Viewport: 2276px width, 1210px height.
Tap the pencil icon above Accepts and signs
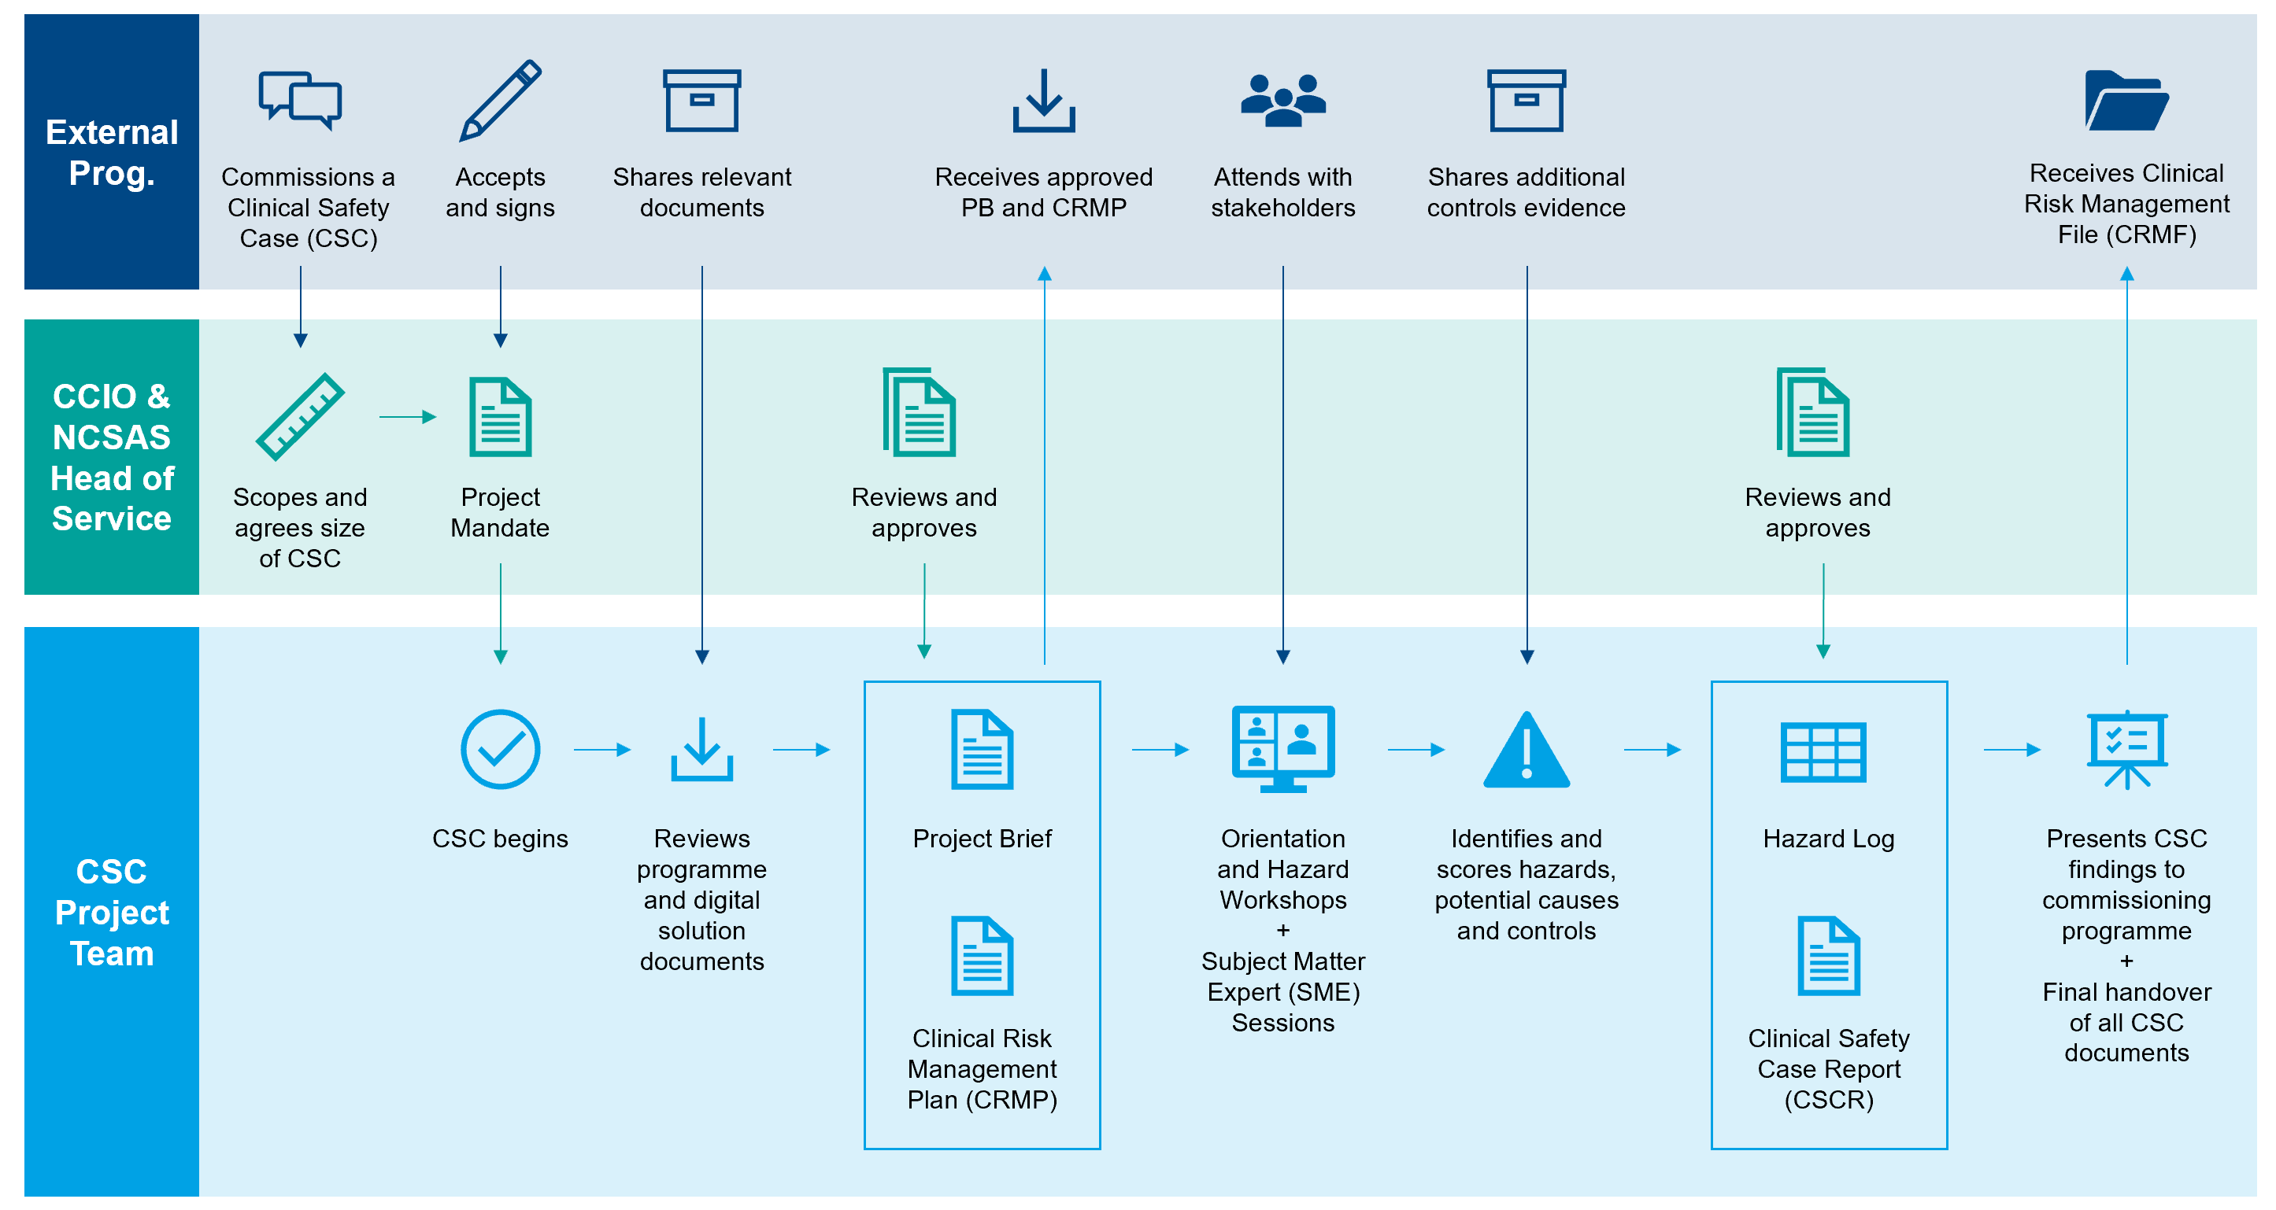[x=500, y=100]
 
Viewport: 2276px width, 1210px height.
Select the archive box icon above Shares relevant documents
[x=701, y=100]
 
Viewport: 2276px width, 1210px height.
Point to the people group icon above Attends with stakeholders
[x=1283, y=100]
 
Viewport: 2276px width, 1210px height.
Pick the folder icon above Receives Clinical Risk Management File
[x=2126, y=100]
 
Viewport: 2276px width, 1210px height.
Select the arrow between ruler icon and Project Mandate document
[x=407, y=416]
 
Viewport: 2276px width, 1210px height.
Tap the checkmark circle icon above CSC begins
[x=500, y=749]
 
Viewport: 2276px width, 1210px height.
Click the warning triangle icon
[x=1526, y=751]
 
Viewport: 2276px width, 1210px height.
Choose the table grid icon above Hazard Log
[x=1823, y=751]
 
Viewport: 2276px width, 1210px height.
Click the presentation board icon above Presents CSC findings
[x=2126, y=749]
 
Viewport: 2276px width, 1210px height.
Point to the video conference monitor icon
[x=1283, y=748]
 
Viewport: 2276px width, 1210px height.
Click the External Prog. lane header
[x=111, y=152]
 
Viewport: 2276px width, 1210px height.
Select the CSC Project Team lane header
[x=111, y=912]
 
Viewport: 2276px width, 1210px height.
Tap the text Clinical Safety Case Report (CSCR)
[x=1828, y=1068]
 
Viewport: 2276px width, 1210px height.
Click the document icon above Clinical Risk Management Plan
[x=982, y=956]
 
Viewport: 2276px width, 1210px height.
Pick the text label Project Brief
[x=982, y=838]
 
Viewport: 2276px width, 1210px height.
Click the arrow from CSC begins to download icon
[x=601, y=749]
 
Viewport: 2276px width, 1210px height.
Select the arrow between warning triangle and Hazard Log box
[x=1652, y=749]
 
